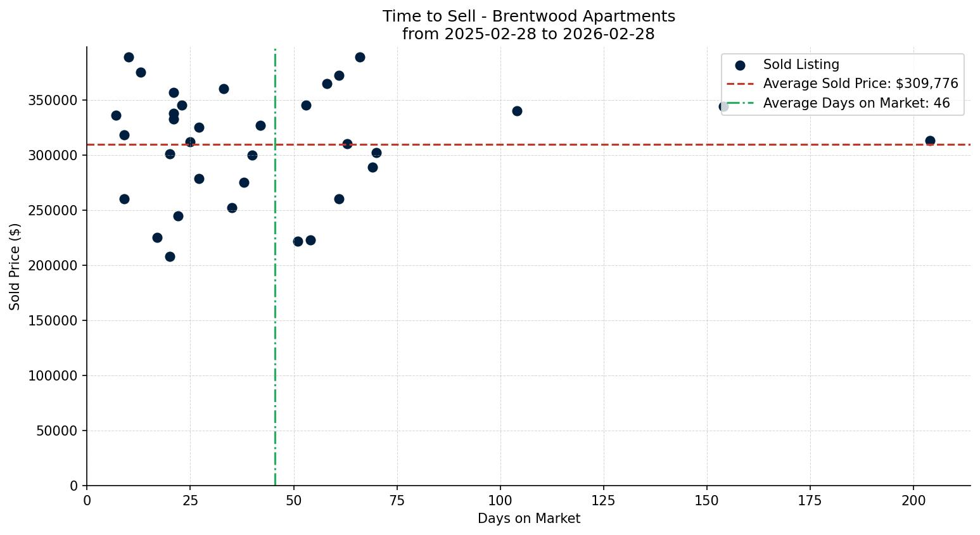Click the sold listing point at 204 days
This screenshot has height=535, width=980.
(930, 141)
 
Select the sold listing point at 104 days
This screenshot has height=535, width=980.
(517, 111)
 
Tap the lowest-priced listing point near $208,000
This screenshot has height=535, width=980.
(170, 256)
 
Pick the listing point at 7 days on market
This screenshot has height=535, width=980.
(116, 115)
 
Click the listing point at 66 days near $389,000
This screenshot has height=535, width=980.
(360, 57)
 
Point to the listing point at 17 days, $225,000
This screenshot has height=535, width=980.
(157, 237)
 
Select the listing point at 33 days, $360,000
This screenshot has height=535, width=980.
(224, 89)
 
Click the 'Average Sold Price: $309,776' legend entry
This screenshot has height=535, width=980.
(860, 84)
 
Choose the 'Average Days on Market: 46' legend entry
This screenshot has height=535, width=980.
(856, 103)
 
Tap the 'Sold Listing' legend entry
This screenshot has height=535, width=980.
(801, 65)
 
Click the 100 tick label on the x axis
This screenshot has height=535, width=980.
(500, 501)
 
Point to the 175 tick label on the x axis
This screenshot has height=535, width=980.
(810, 501)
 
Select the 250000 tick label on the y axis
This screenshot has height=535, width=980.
(53, 210)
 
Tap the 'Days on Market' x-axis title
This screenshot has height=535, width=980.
(529, 519)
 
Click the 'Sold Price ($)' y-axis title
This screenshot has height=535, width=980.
(15, 267)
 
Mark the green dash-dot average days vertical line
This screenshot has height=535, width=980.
(275, 317)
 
